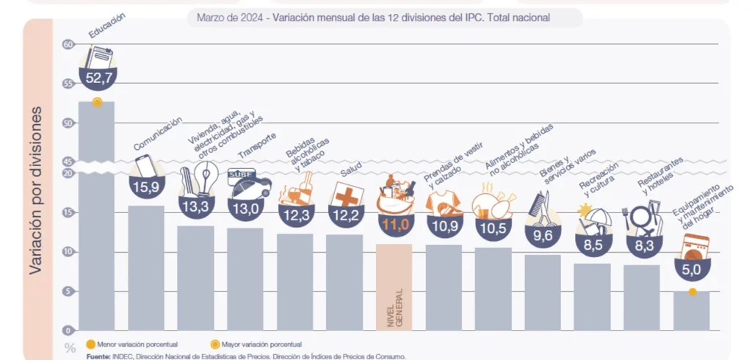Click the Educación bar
(96, 220)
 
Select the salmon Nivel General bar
(394, 287)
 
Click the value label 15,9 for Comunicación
(145, 187)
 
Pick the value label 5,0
(692, 270)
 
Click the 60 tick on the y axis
(69, 44)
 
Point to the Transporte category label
(257, 146)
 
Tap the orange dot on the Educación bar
(97, 102)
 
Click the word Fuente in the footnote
(100, 356)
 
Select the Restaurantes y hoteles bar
(641, 297)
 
